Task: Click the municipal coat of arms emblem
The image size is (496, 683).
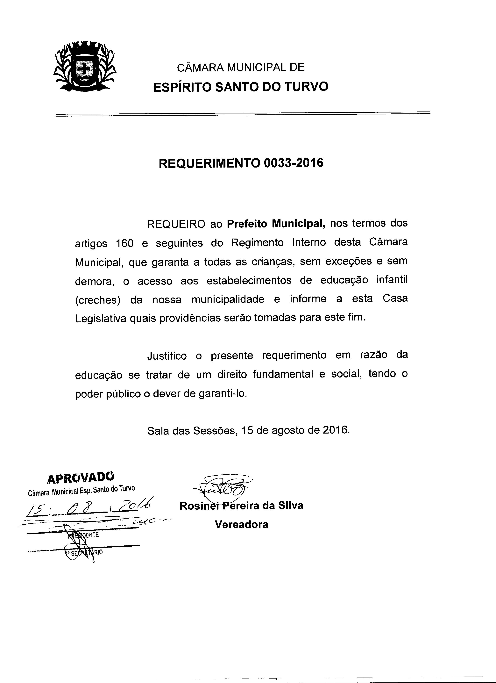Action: [x=85, y=67]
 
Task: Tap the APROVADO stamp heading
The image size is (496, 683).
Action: [x=81, y=477]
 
